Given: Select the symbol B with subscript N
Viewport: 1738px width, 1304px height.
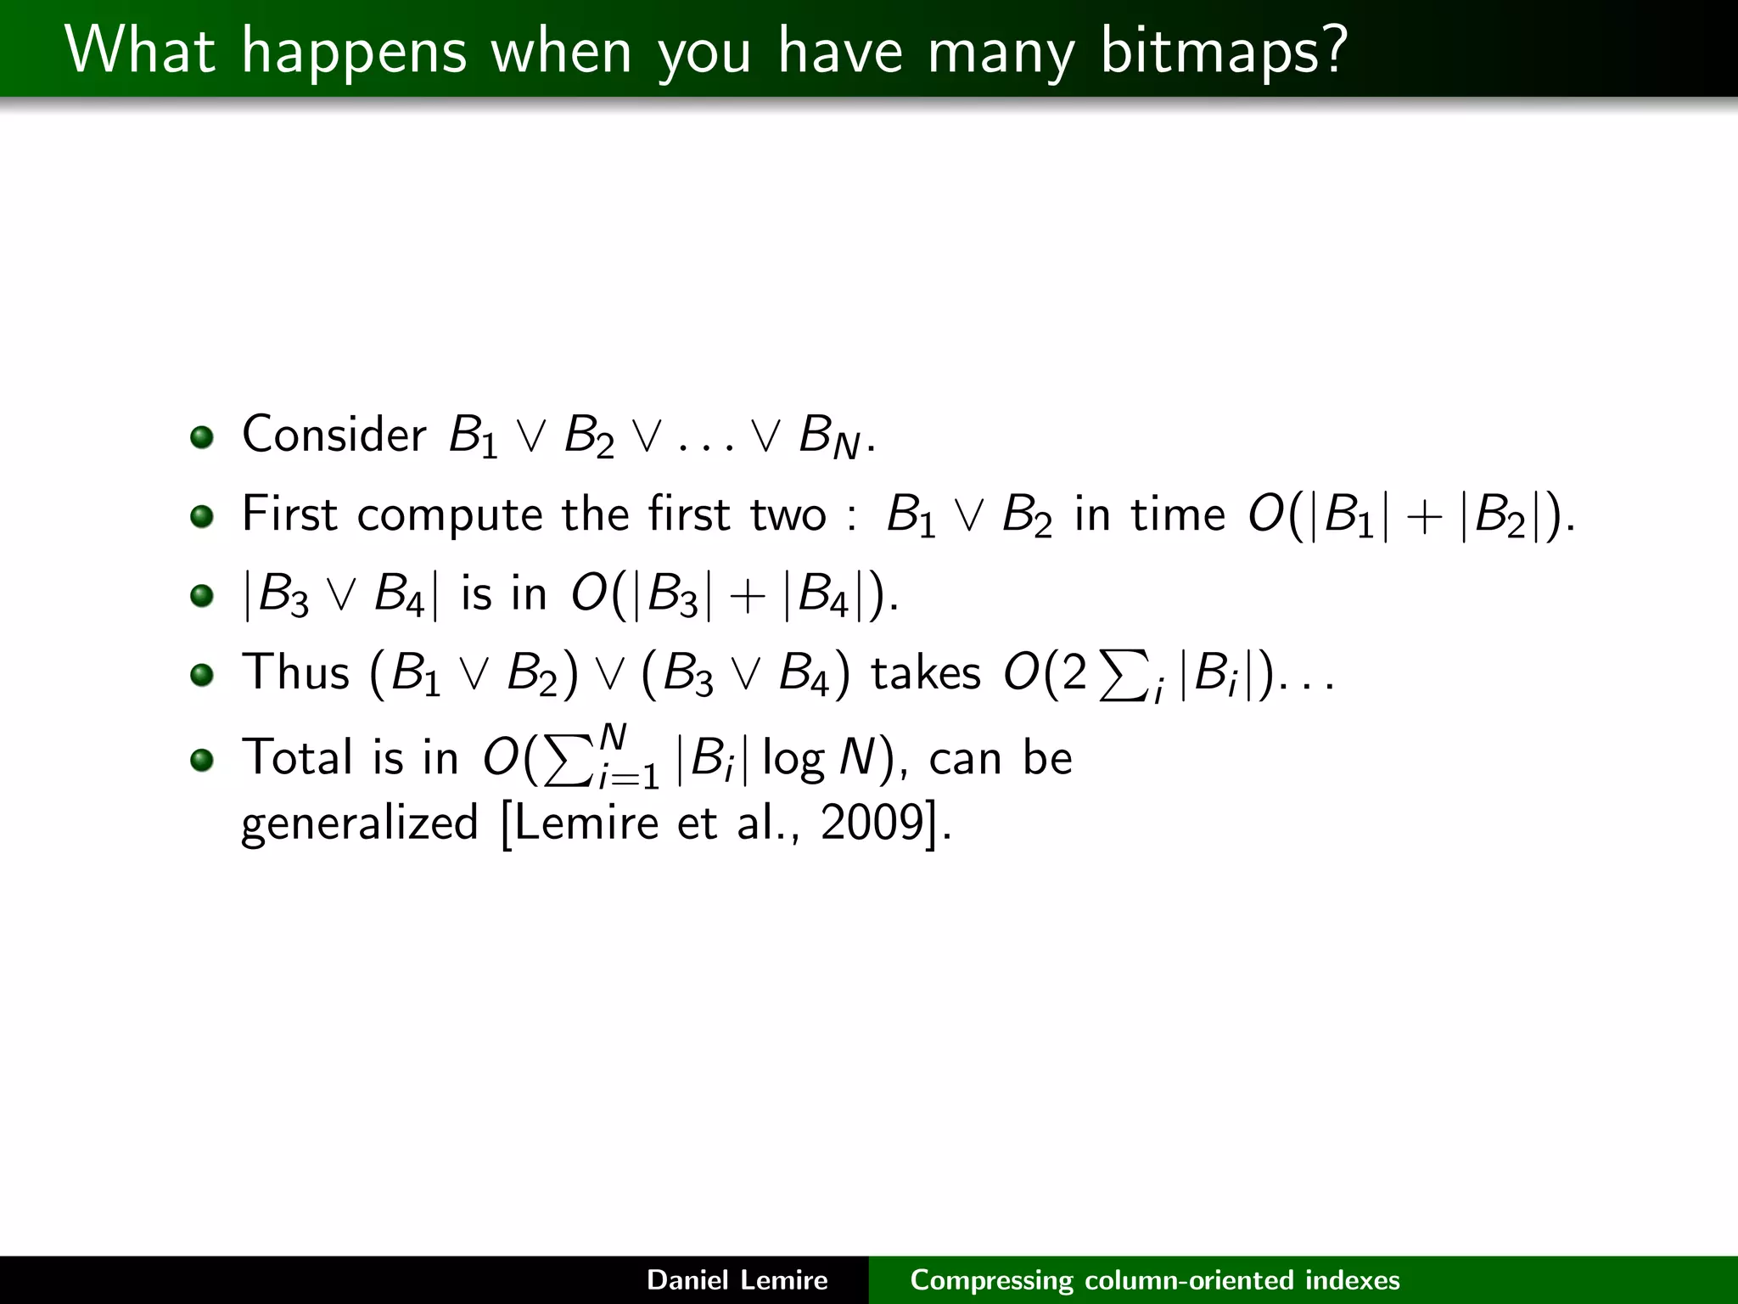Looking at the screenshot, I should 828,438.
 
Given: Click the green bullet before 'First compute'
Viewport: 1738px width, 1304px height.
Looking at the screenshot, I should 201,515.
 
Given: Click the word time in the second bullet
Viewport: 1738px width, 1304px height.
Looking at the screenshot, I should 1178,514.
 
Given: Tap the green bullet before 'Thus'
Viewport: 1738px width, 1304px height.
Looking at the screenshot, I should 201,675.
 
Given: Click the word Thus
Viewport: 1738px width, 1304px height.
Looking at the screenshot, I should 295,672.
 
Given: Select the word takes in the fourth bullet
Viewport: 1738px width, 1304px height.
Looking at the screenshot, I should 926,673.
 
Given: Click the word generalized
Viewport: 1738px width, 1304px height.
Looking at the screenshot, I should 360,823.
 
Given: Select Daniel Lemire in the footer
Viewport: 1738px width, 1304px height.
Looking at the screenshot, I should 737,1279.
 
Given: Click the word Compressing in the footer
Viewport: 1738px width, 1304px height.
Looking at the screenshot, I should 990,1280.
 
